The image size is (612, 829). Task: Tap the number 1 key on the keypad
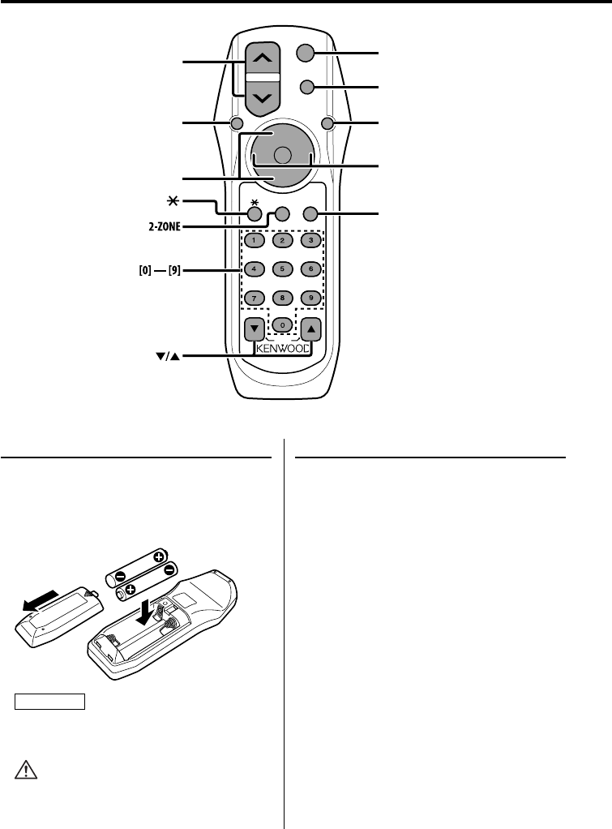point(253,240)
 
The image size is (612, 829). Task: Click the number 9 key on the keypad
point(308,297)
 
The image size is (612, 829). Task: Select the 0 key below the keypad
point(281,324)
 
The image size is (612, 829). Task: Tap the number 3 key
point(308,240)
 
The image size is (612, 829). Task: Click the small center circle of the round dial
point(281,155)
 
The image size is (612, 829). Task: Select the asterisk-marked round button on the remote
point(255,214)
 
